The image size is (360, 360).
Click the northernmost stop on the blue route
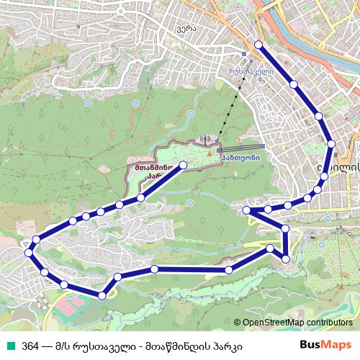(258, 47)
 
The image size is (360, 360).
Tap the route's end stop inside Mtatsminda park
(183, 165)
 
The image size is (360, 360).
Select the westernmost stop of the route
(28, 253)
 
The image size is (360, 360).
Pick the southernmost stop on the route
(102, 295)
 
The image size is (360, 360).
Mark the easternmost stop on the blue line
(331, 144)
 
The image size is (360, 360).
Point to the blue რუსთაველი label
(251, 72)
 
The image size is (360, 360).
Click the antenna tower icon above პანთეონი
(204, 139)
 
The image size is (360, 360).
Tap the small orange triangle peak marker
(210, 153)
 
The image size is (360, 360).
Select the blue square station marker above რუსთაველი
(245, 53)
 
